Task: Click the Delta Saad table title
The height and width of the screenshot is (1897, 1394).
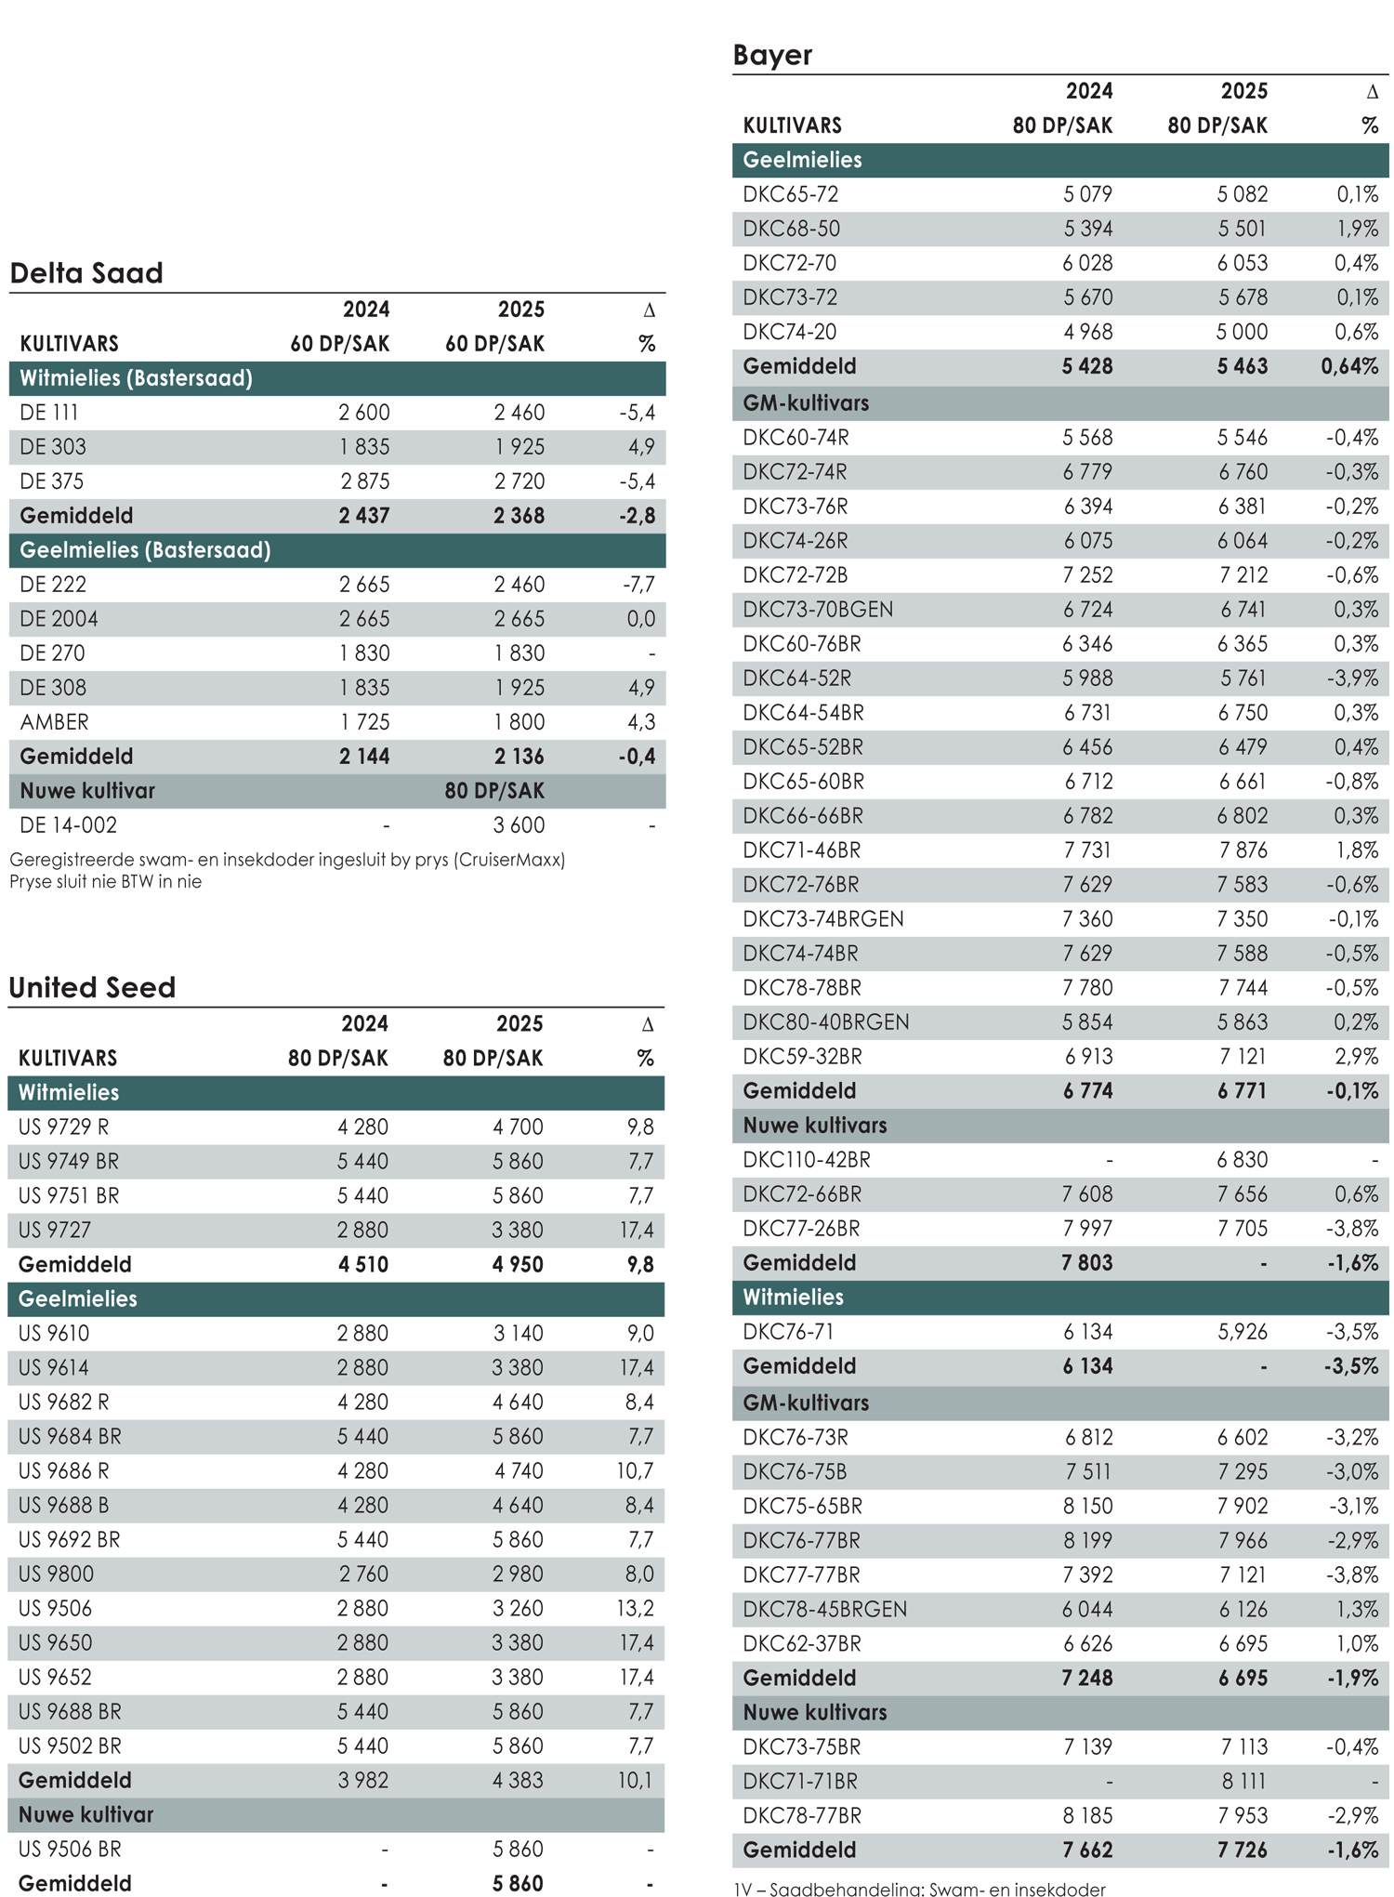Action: coord(86,273)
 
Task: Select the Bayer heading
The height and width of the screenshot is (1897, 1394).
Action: coord(772,56)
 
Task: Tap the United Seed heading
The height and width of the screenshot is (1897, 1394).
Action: coord(92,987)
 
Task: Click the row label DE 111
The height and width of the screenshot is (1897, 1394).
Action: coord(49,413)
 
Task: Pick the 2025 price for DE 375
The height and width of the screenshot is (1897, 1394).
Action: coord(519,481)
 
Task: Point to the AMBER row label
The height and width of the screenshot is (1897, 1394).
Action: coord(55,722)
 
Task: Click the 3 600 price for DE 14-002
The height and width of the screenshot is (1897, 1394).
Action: coord(519,825)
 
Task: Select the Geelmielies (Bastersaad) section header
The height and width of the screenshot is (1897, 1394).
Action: coord(145,550)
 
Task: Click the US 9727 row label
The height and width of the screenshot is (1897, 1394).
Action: coord(55,1231)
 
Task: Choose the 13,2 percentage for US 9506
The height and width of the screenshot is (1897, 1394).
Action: coord(637,1609)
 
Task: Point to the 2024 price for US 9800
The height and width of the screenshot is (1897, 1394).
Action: coord(362,1574)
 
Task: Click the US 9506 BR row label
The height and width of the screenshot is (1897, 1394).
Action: coord(70,1850)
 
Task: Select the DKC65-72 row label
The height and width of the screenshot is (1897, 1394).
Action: coord(791,194)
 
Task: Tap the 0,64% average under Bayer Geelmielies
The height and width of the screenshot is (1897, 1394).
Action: coord(1349,366)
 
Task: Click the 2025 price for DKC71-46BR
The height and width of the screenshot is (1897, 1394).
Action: coord(1243,850)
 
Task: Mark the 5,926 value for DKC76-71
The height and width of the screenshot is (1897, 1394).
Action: coord(1243,1332)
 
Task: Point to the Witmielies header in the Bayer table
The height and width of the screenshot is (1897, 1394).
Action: coord(794,1298)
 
